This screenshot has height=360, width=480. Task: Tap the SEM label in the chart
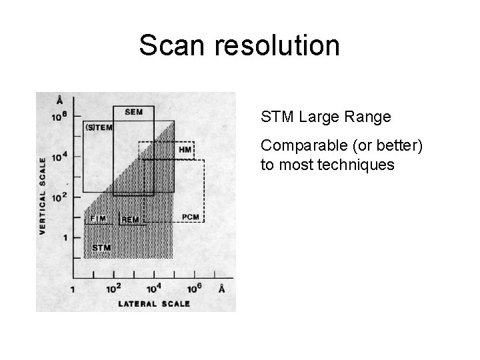tap(133, 111)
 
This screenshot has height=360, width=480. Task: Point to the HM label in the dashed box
tap(185, 149)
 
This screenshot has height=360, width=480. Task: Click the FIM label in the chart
tap(97, 218)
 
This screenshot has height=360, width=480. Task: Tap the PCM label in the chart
tap(190, 217)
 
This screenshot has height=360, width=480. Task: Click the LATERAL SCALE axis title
tap(154, 304)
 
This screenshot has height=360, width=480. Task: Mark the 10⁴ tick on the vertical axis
tap(61, 156)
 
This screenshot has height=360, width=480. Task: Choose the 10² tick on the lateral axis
tap(114, 287)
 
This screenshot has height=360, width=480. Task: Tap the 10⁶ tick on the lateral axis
tap(195, 287)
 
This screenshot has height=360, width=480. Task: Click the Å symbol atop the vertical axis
tap(60, 101)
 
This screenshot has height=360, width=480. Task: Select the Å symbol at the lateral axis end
tap(221, 288)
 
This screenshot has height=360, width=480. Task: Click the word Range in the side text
tap(371, 118)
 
